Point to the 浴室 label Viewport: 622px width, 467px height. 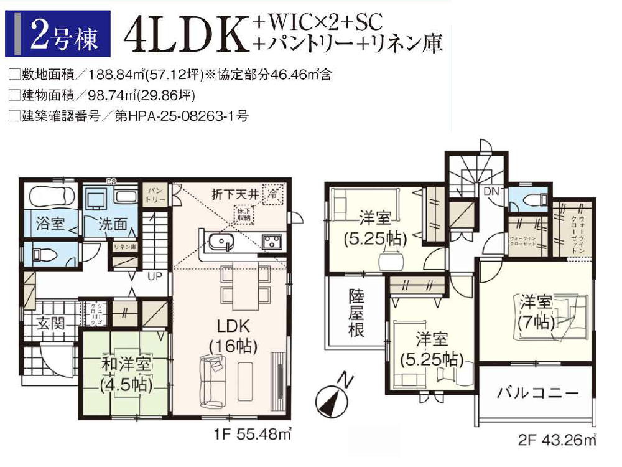[50, 224]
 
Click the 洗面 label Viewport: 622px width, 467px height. [112, 224]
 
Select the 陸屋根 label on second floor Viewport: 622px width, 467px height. [356, 313]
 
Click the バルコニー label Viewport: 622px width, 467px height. [537, 393]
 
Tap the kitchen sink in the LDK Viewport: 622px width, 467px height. [221, 242]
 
